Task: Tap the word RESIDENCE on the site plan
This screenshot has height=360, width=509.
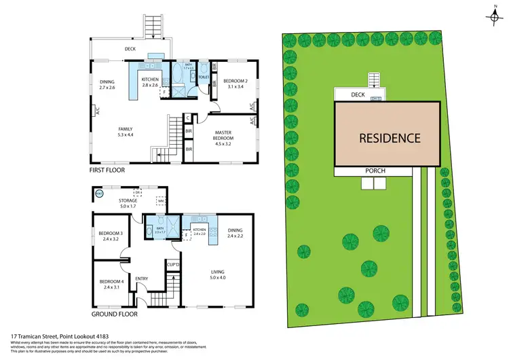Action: tap(390, 138)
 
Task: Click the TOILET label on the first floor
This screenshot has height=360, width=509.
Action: tap(203, 78)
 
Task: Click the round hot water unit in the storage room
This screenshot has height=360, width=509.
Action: tap(99, 194)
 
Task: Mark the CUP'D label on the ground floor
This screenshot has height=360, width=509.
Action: tap(173, 264)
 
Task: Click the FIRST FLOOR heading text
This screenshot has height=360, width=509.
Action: tap(108, 173)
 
